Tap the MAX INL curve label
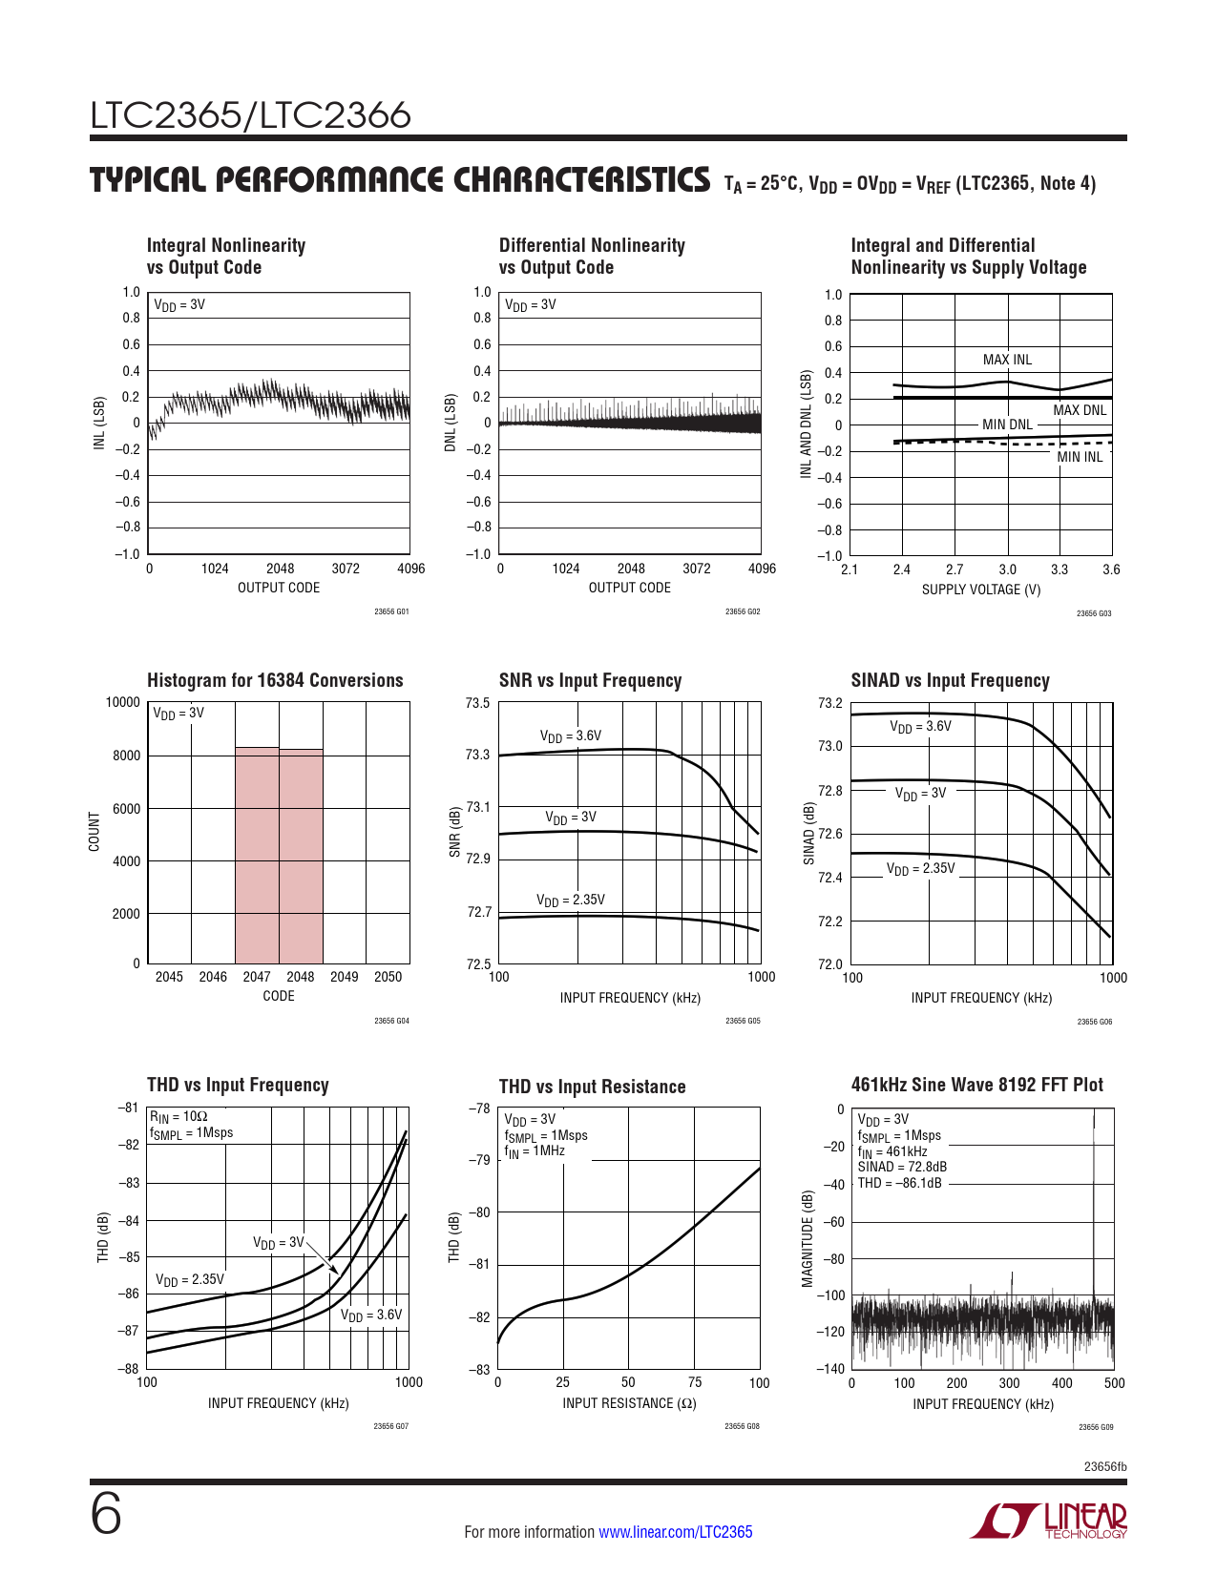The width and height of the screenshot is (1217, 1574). point(1007,360)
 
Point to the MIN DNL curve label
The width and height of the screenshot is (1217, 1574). point(1007,425)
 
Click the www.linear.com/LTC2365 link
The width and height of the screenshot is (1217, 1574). point(675,1532)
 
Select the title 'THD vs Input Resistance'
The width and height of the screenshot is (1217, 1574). point(592,1087)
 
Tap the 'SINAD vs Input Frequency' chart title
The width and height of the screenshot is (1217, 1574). point(950,680)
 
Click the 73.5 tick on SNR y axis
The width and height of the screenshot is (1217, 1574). point(477,703)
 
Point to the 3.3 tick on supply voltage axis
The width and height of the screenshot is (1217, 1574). point(1060,570)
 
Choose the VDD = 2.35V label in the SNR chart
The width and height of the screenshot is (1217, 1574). point(570,900)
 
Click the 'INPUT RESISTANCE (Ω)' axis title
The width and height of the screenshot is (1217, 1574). point(629,1403)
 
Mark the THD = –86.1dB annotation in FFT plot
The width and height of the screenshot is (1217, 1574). point(899,1183)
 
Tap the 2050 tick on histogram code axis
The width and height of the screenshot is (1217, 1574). point(388,977)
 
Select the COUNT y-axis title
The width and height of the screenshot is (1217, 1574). point(94,832)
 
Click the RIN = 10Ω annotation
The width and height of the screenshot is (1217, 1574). point(178,1115)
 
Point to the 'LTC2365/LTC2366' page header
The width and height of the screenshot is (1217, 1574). point(250,115)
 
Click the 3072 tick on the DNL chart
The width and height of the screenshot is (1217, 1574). point(697,569)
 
